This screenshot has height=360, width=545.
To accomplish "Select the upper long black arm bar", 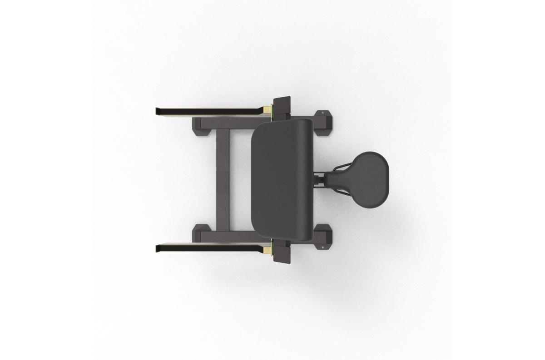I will [209, 111].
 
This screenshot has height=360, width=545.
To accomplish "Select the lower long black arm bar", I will [209, 248].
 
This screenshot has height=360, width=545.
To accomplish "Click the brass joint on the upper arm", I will [268, 110].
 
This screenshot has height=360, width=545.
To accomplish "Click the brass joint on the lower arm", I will [268, 249].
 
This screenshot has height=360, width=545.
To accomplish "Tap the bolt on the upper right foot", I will [323, 112].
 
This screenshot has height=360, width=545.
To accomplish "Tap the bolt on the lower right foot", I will [323, 247].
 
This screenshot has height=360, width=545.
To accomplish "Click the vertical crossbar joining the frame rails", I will [223, 180].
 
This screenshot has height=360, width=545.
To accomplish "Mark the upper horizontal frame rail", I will [227, 123].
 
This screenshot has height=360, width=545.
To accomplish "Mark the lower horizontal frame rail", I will [227, 237].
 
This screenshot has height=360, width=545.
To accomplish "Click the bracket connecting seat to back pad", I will [320, 178].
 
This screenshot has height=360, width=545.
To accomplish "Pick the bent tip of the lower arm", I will [158, 248].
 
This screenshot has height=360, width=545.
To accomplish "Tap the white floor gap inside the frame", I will [240, 180].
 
